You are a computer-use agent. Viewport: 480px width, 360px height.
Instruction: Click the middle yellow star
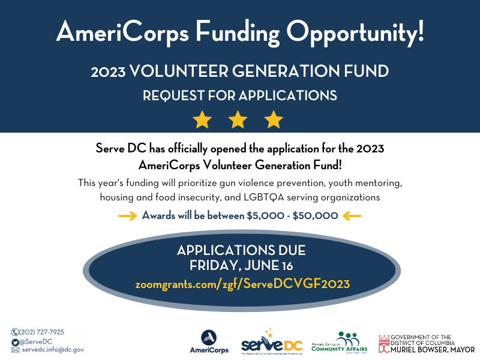238,119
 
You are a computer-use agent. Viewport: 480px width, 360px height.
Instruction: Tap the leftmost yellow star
202,119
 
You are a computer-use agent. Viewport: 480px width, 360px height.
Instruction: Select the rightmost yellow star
274,119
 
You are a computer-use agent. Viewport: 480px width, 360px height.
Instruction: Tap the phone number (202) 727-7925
42,332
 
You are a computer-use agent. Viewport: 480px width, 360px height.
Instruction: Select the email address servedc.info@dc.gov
52,349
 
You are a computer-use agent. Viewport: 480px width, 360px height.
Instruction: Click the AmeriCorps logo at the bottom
209,341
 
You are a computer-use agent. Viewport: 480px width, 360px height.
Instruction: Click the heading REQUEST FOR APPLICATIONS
239,95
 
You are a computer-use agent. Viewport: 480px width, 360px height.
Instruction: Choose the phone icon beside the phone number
15,332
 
